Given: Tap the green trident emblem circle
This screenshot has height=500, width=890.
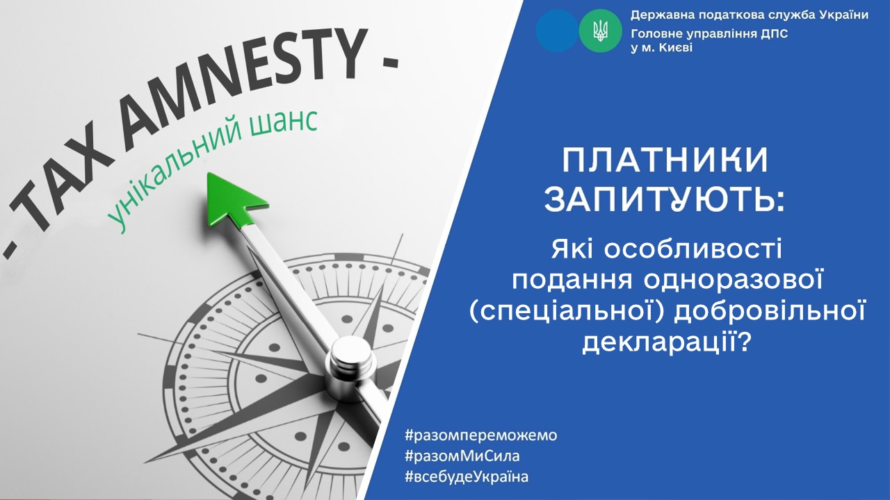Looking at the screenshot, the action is (600, 31).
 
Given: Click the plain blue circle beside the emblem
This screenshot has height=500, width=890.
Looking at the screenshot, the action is (557, 31).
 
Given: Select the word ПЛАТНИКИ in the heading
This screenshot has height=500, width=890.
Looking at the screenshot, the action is (665, 160).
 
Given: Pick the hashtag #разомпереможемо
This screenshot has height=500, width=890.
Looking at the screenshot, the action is (481, 435).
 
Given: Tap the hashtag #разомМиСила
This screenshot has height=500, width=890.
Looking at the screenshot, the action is (462, 456).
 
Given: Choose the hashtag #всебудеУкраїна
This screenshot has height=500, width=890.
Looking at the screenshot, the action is (467, 476).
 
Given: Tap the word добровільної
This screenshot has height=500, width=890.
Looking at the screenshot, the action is (770, 312).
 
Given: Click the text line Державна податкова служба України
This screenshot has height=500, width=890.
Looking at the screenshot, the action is (750, 15).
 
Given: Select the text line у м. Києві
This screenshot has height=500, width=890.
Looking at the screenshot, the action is (661, 48).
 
